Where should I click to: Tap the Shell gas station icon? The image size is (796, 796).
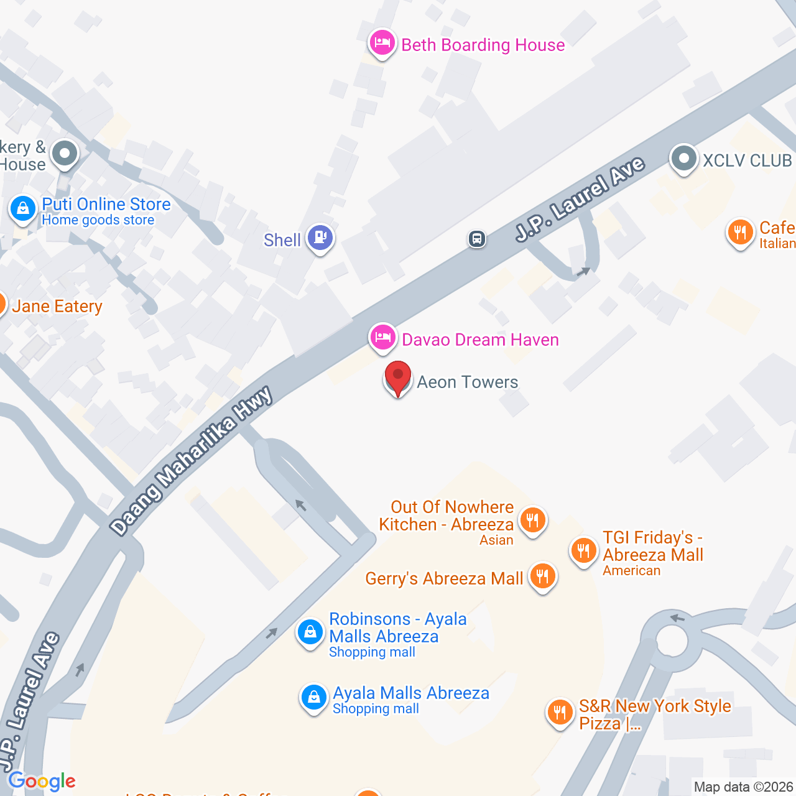tap(320, 237)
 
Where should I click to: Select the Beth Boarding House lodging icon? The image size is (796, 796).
tap(382, 43)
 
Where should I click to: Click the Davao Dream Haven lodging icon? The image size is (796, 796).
tap(382, 338)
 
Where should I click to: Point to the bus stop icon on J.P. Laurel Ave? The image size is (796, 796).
tap(477, 239)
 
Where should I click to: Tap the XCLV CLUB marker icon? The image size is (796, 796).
tap(683, 159)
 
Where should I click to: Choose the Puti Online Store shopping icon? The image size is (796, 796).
tap(23, 208)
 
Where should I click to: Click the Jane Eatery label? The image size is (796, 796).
tap(57, 307)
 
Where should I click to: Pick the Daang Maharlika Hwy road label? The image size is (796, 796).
tap(192, 460)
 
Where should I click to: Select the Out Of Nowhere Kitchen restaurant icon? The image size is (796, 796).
tap(532, 519)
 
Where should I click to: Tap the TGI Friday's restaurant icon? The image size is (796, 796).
tap(583, 550)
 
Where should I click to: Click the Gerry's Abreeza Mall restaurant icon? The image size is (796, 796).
tap(542, 576)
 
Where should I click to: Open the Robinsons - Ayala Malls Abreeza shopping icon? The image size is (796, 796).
tap(310, 632)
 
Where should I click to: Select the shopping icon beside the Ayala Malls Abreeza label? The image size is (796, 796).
tap(314, 697)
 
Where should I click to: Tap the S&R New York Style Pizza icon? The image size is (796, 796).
tap(560, 712)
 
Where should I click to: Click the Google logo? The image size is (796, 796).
tap(42, 781)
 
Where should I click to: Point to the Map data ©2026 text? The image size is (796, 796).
tap(743, 787)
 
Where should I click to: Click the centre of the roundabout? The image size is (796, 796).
tap(671, 640)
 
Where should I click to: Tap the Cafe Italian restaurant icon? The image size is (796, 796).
tap(740, 233)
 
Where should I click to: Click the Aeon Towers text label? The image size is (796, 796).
tap(467, 382)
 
